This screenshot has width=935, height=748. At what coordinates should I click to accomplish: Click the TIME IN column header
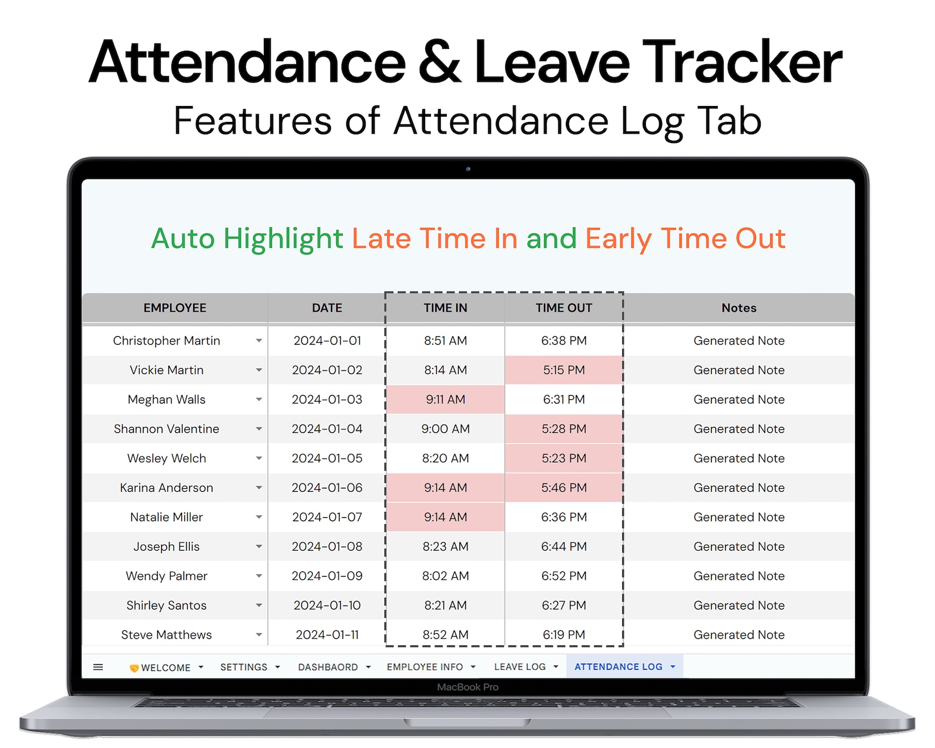(x=445, y=308)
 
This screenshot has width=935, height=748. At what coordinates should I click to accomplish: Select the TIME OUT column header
(x=563, y=308)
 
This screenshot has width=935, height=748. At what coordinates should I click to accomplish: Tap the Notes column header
(x=738, y=308)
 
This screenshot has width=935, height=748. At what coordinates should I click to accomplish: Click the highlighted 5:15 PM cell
(x=563, y=370)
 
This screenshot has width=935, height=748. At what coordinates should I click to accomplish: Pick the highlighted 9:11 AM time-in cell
(x=445, y=400)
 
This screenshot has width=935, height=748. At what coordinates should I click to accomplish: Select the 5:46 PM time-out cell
(x=563, y=488)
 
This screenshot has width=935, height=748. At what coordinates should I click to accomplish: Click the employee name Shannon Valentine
(x=167, y=429)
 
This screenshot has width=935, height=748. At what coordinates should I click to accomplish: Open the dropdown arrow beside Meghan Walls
(x=258, y=400)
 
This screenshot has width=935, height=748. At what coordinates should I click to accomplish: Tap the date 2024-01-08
(x=327, y=547)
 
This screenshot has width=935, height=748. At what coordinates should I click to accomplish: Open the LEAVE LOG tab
(x=520, y=667)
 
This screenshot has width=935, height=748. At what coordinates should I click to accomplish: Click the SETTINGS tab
(x=244, y=667)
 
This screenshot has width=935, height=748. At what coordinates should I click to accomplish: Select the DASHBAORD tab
(x=328, y=667)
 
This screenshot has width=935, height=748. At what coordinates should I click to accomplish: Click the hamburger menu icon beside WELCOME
(x=98, y=667)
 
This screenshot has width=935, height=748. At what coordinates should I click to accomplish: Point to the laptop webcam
(x=468, y=169)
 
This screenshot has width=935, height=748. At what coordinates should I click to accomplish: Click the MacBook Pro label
(x=467, y=687)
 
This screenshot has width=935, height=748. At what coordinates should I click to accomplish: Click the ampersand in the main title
(x=440, y=62)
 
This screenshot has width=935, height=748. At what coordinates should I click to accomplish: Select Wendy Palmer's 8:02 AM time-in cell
(x=445, y=577)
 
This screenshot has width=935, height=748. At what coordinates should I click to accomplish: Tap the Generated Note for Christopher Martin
(x=738, y=341)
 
